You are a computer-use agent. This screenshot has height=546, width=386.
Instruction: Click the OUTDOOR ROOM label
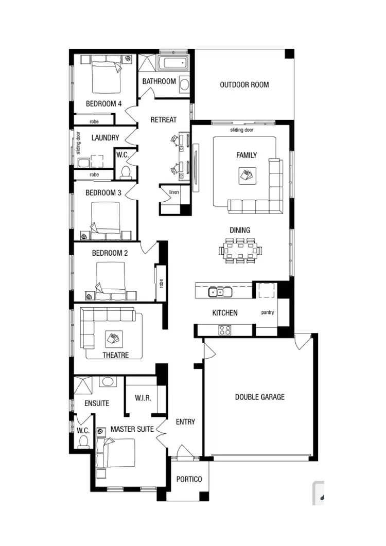point(244,85)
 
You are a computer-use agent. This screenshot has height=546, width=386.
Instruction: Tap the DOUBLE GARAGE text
point(259,397)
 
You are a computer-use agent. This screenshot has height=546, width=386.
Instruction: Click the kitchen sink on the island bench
point(220,292)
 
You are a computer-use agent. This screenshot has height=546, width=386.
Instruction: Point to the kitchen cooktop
point(225,330)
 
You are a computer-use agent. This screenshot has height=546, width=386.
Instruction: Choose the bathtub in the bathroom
point(173,64)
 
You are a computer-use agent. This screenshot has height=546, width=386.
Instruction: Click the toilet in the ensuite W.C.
point(84,442)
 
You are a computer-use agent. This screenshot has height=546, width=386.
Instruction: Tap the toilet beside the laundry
point(125,171)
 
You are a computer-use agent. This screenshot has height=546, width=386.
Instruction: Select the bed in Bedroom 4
point(107,76)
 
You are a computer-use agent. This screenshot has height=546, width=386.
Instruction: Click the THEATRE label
point(115,355)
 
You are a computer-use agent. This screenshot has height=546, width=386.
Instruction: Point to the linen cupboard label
point(173,192)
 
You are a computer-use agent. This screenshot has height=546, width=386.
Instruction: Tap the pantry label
point(268,312)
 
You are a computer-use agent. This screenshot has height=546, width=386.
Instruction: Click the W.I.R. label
point(143,398)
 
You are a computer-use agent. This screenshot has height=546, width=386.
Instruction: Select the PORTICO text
point(189,479)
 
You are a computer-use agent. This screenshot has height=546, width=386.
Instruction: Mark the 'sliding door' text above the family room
point(241,130)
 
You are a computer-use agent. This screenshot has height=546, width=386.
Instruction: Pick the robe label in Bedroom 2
point(161,283)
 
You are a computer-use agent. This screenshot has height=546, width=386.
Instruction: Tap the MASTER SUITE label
point(132,429)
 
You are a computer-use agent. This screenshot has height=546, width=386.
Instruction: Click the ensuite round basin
point(107,382)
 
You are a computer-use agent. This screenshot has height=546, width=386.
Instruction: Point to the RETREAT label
point(163,119)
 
